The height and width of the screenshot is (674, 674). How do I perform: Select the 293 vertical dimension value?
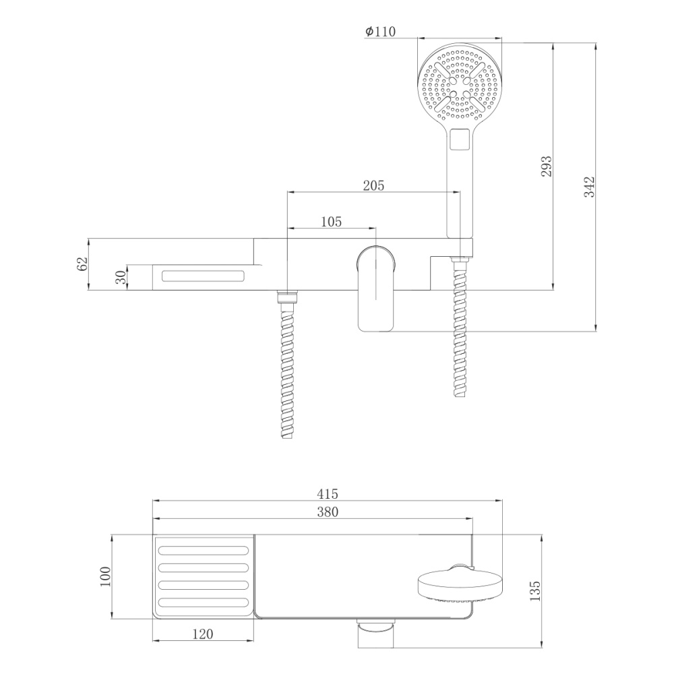coord(546,166)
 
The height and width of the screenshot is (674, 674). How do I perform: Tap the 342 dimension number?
coord(588,187)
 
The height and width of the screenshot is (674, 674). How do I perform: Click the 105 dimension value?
coord(330,221)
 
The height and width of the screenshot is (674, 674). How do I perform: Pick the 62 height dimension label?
coord(83,264)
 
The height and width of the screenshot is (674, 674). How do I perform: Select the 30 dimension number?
coord(120,277)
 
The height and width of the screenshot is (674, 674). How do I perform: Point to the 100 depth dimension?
coord(105,577)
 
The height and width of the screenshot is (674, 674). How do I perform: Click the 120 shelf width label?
coord(202,634)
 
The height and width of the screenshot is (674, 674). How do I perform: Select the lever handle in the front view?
coord(375,290)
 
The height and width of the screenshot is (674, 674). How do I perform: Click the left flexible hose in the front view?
coord(288,367)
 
